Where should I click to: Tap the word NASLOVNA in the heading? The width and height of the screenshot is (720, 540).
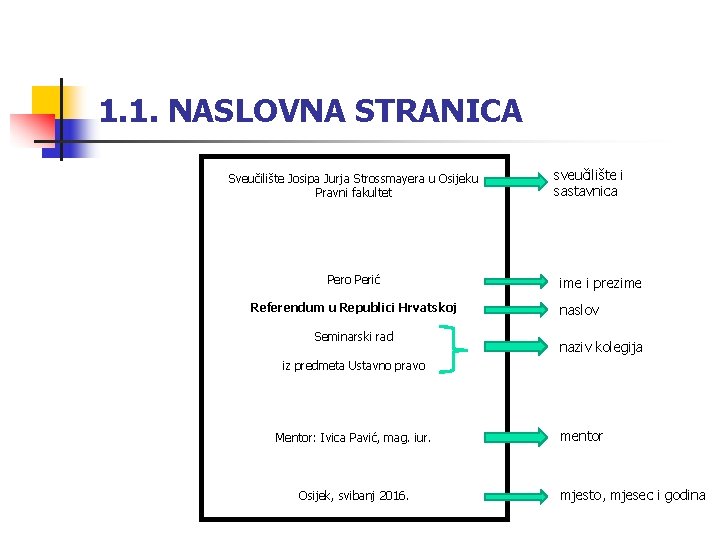click(250, 111)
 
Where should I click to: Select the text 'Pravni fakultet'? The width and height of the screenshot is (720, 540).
click(353, 193)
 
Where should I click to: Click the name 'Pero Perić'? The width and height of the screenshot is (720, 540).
click(353, 280)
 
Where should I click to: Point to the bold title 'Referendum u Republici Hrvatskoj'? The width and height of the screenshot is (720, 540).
click(353, 307)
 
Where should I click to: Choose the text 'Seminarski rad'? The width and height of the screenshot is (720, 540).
click(353, 336)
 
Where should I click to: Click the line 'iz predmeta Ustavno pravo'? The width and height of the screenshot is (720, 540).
click(353, 366)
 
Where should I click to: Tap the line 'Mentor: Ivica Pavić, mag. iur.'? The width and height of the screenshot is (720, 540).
click(353, 437)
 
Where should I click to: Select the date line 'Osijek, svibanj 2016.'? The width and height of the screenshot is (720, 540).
click(353, 495)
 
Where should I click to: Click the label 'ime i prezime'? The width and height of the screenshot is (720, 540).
click(600, 283)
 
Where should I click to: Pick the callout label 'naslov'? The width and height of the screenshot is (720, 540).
click(579, 310)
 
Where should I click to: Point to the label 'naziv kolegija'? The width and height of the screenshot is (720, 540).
click(600, 347)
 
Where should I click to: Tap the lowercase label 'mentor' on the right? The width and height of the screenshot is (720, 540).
click(581, 436)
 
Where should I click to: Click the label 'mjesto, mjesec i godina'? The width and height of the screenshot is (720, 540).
click(632, 495)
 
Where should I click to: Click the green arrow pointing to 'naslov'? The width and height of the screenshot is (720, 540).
click(511, 308)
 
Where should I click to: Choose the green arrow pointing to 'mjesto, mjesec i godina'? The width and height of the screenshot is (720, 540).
click(511, 495)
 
